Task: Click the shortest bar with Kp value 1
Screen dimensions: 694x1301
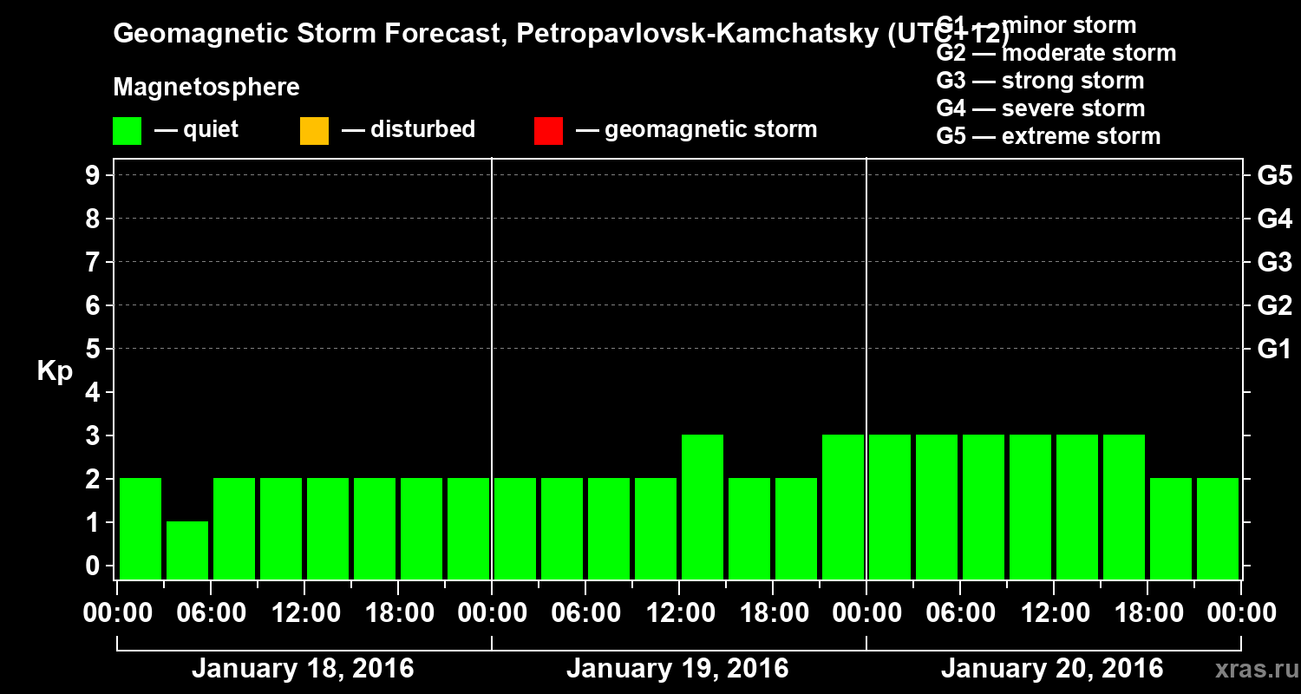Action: click(x=187, y=550)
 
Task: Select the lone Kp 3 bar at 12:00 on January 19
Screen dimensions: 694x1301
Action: click(x=703, y=507)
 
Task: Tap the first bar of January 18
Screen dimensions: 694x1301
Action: click(x=141, y=528)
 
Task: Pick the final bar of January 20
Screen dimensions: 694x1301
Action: click(x=1218, y=528)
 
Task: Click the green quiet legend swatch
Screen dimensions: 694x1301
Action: click(x=127, y=131)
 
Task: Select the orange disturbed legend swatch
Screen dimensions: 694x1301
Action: click(x=314, y=131)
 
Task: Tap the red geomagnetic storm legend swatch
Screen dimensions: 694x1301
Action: click(x=548, y=131)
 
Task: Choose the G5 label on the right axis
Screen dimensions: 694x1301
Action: click(x=1274, y=176)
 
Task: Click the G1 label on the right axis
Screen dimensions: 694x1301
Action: click(x=1274, y=350)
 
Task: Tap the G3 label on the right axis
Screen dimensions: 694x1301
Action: click(x=1274, y=263)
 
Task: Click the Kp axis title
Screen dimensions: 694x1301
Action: click(x=55, y=371)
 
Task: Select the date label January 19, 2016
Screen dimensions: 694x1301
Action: click(x=677, y=669)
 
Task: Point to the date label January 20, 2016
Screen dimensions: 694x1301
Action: click(x=1052, y=669)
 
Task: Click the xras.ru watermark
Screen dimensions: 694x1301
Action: click(x=1256, y=670)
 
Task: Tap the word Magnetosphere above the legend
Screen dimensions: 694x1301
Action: click(x=206, y=88)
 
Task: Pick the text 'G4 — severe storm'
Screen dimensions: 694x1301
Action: click(x=1040, y=108)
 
